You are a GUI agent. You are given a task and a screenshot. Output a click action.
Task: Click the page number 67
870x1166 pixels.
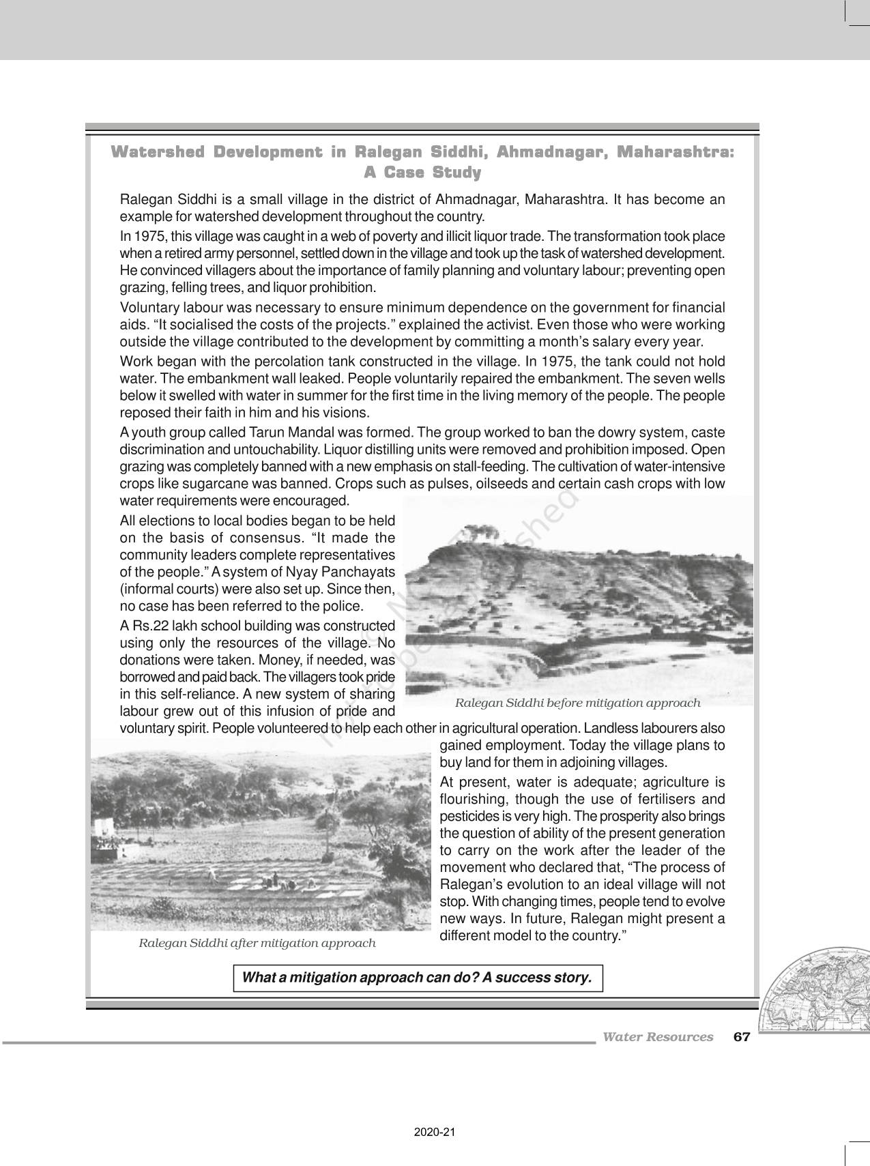coord(741,1037)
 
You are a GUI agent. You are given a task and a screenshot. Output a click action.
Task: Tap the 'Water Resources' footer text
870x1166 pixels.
coord(657,1037)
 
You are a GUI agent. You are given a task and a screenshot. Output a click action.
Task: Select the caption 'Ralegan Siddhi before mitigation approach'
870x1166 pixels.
coord(577,703)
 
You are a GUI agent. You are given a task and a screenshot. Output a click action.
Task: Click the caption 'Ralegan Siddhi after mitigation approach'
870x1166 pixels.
coord(257,943)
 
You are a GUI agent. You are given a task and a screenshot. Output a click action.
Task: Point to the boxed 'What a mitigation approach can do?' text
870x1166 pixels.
coord(418,978)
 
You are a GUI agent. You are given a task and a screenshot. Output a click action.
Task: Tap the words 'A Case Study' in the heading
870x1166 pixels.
coord(422,173)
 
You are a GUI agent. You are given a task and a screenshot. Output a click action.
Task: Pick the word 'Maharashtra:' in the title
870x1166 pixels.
coord(675,152)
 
